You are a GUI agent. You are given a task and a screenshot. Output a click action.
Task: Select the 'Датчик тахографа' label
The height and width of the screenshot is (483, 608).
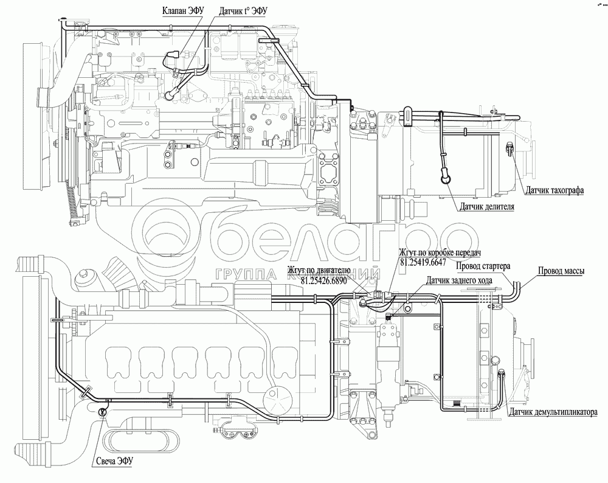[x=555, y=190]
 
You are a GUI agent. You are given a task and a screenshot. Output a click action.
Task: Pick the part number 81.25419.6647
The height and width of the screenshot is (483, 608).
[x=423, y=262]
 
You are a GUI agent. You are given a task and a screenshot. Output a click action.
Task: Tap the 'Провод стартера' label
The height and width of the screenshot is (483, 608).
[x=485, y=266]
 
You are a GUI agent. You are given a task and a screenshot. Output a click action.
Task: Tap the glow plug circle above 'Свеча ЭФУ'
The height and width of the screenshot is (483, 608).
[x=102, y=412]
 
